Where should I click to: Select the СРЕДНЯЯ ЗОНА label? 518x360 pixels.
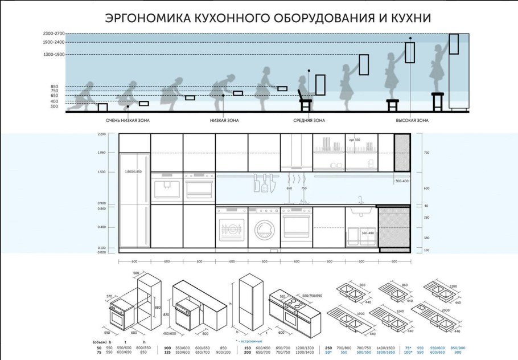pos(309,121)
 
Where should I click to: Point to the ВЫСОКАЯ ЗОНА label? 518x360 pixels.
pos(412,121)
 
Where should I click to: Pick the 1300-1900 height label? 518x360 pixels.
pos(54,55)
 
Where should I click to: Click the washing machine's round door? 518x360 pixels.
pos(264,230)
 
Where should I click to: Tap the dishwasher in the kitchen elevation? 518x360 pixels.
pos(232,227)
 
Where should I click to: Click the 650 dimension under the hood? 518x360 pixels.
pos(289,188)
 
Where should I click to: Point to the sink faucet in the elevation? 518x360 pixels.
pos(360,200)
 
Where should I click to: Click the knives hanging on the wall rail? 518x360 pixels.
pos(264,183)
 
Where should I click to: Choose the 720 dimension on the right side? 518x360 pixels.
pos(426,153)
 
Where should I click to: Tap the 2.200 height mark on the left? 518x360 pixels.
pos(102,134)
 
